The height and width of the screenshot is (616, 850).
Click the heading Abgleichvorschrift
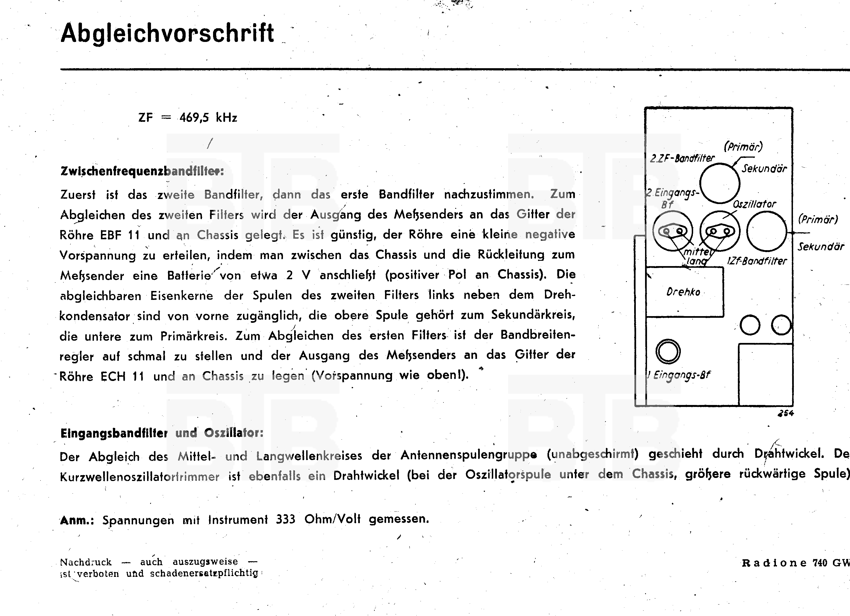167,33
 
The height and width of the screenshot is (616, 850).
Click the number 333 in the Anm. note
285,519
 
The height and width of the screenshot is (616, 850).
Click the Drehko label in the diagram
683,292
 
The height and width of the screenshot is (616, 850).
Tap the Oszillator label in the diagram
754,204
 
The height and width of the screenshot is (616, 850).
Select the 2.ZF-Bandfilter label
682,158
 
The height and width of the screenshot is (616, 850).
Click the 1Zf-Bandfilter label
757,261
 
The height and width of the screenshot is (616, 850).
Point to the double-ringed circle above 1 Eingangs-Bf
668,352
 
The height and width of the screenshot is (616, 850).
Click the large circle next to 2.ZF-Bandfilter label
720,183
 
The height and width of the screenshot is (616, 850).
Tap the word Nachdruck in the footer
86,562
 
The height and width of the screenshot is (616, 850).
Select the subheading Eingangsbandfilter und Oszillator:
162,433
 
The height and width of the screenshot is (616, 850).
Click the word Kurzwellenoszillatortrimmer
140,477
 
